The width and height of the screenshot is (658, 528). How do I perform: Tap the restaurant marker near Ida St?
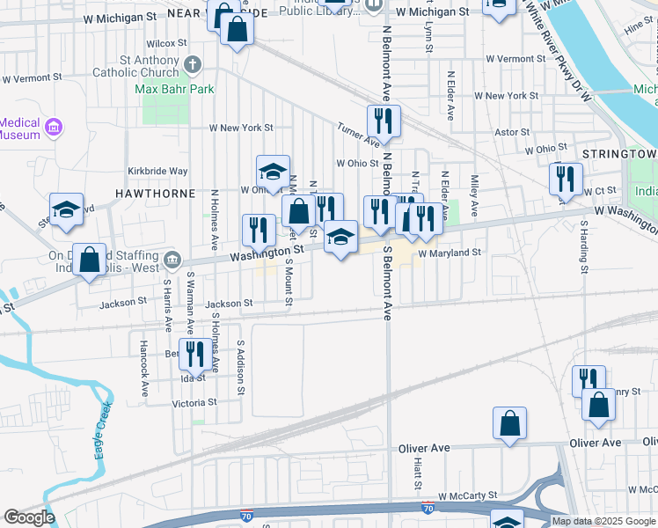[x=194, y=354]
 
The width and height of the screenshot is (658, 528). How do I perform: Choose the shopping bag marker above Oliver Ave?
[x=509, y=423]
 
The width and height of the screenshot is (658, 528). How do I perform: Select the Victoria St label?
[x=194, y=402]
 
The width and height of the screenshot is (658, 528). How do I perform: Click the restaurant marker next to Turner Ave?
[x=383, y=121]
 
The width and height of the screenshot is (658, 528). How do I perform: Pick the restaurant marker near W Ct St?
[x=566, y=179]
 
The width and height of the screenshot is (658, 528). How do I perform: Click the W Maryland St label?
[x=449, y=253]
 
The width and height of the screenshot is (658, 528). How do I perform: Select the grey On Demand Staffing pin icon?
[x=172, y=260]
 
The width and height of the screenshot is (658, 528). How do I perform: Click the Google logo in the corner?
[x=29, y=517]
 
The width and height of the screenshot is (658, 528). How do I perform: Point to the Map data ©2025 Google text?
[x=603, y=521]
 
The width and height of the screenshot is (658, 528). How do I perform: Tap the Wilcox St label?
[x=167, y=42]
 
